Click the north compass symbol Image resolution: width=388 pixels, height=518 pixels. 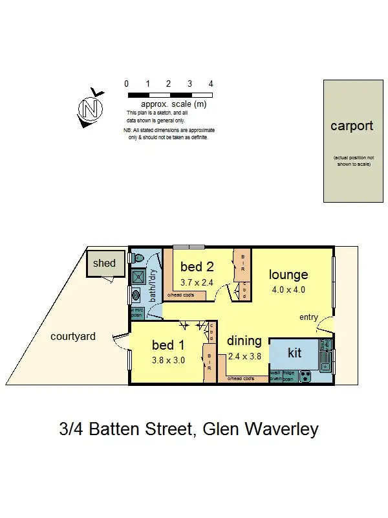click(x=91, y=107)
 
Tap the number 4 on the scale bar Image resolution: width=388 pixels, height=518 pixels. click(x=211, y=84)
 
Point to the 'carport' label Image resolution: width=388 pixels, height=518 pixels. click(x=352, y=126)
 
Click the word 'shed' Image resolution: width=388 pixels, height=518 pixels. click(x=104, y=263)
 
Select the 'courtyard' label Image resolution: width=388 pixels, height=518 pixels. click(x=73, y=336)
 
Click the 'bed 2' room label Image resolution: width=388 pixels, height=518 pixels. click(x=197, y=267)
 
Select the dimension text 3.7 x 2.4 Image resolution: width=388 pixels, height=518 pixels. click(x=197, y=282)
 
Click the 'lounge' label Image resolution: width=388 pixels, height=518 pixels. click(x=288, y=275)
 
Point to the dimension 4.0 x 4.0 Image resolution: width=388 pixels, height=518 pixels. click(x=288, y=290)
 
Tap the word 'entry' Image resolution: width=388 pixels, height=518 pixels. click(x=308, y=317)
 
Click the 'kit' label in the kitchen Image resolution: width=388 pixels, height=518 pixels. click(x=294, y=353)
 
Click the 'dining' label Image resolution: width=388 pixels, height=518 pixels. click(x=244, y=341)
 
